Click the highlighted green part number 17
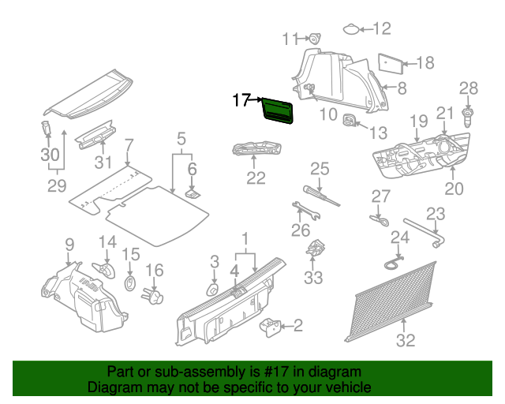(x=279, y=111)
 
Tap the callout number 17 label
(x=241, y=100)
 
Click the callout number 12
(x=381, y=29)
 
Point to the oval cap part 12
(x=350, y=30)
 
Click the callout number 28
(x=469, y=88)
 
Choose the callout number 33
(x=314, y=278)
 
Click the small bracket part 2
(x=271, y=324)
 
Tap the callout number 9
(x=69, y=245)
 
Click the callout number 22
(x=255, y=178)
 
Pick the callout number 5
(x=181, y=138)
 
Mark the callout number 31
(x=103, y=163)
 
